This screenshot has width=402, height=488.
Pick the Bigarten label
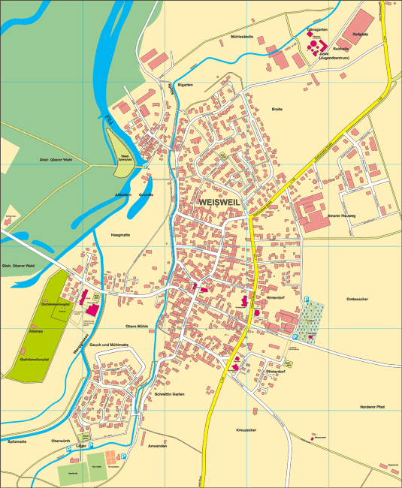tap(185, 85)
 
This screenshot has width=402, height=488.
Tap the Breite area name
tap(277, 110)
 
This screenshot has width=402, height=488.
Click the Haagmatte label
tap(120, 235)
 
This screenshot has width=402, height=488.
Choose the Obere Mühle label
tap(137, 326)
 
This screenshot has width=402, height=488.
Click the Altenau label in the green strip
tap(35, 331)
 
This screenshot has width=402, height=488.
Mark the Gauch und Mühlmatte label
tap(109, 344)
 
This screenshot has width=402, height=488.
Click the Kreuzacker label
tap(246, 429)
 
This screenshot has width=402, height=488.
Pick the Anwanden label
tap(158, 446)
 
